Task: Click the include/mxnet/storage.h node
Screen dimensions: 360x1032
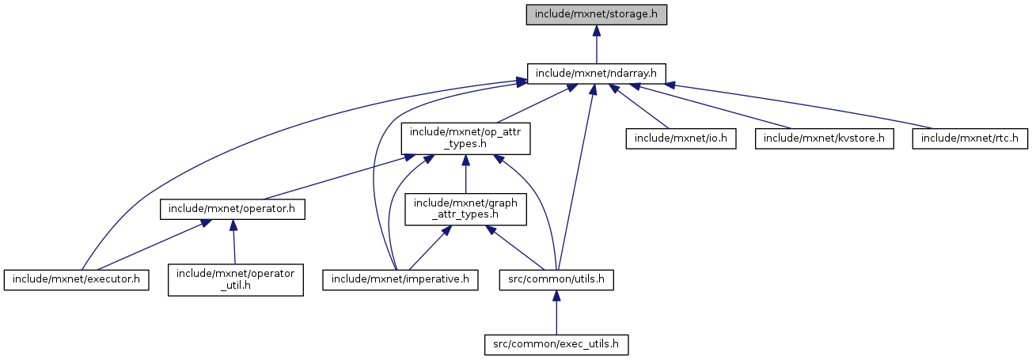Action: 597,15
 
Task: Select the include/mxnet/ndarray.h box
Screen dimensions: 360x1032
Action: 597,74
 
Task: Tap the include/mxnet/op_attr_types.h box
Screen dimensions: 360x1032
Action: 465,138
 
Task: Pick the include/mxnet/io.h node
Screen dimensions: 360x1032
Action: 681,138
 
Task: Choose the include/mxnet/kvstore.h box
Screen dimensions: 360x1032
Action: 825,138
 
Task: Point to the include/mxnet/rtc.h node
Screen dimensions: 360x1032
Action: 970,138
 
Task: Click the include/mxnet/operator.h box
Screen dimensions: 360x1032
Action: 233,210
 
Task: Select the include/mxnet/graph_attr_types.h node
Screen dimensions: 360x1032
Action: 465,210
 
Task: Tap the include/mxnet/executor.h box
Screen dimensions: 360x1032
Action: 77,280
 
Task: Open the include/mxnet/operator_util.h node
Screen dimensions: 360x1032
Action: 235,280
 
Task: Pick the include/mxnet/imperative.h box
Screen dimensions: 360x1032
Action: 400,280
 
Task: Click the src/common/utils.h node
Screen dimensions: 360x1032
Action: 556,280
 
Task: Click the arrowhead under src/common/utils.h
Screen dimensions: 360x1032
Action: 556,296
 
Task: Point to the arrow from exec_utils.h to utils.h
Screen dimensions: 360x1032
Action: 556,316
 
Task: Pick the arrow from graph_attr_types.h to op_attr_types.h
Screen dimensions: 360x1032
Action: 465,174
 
